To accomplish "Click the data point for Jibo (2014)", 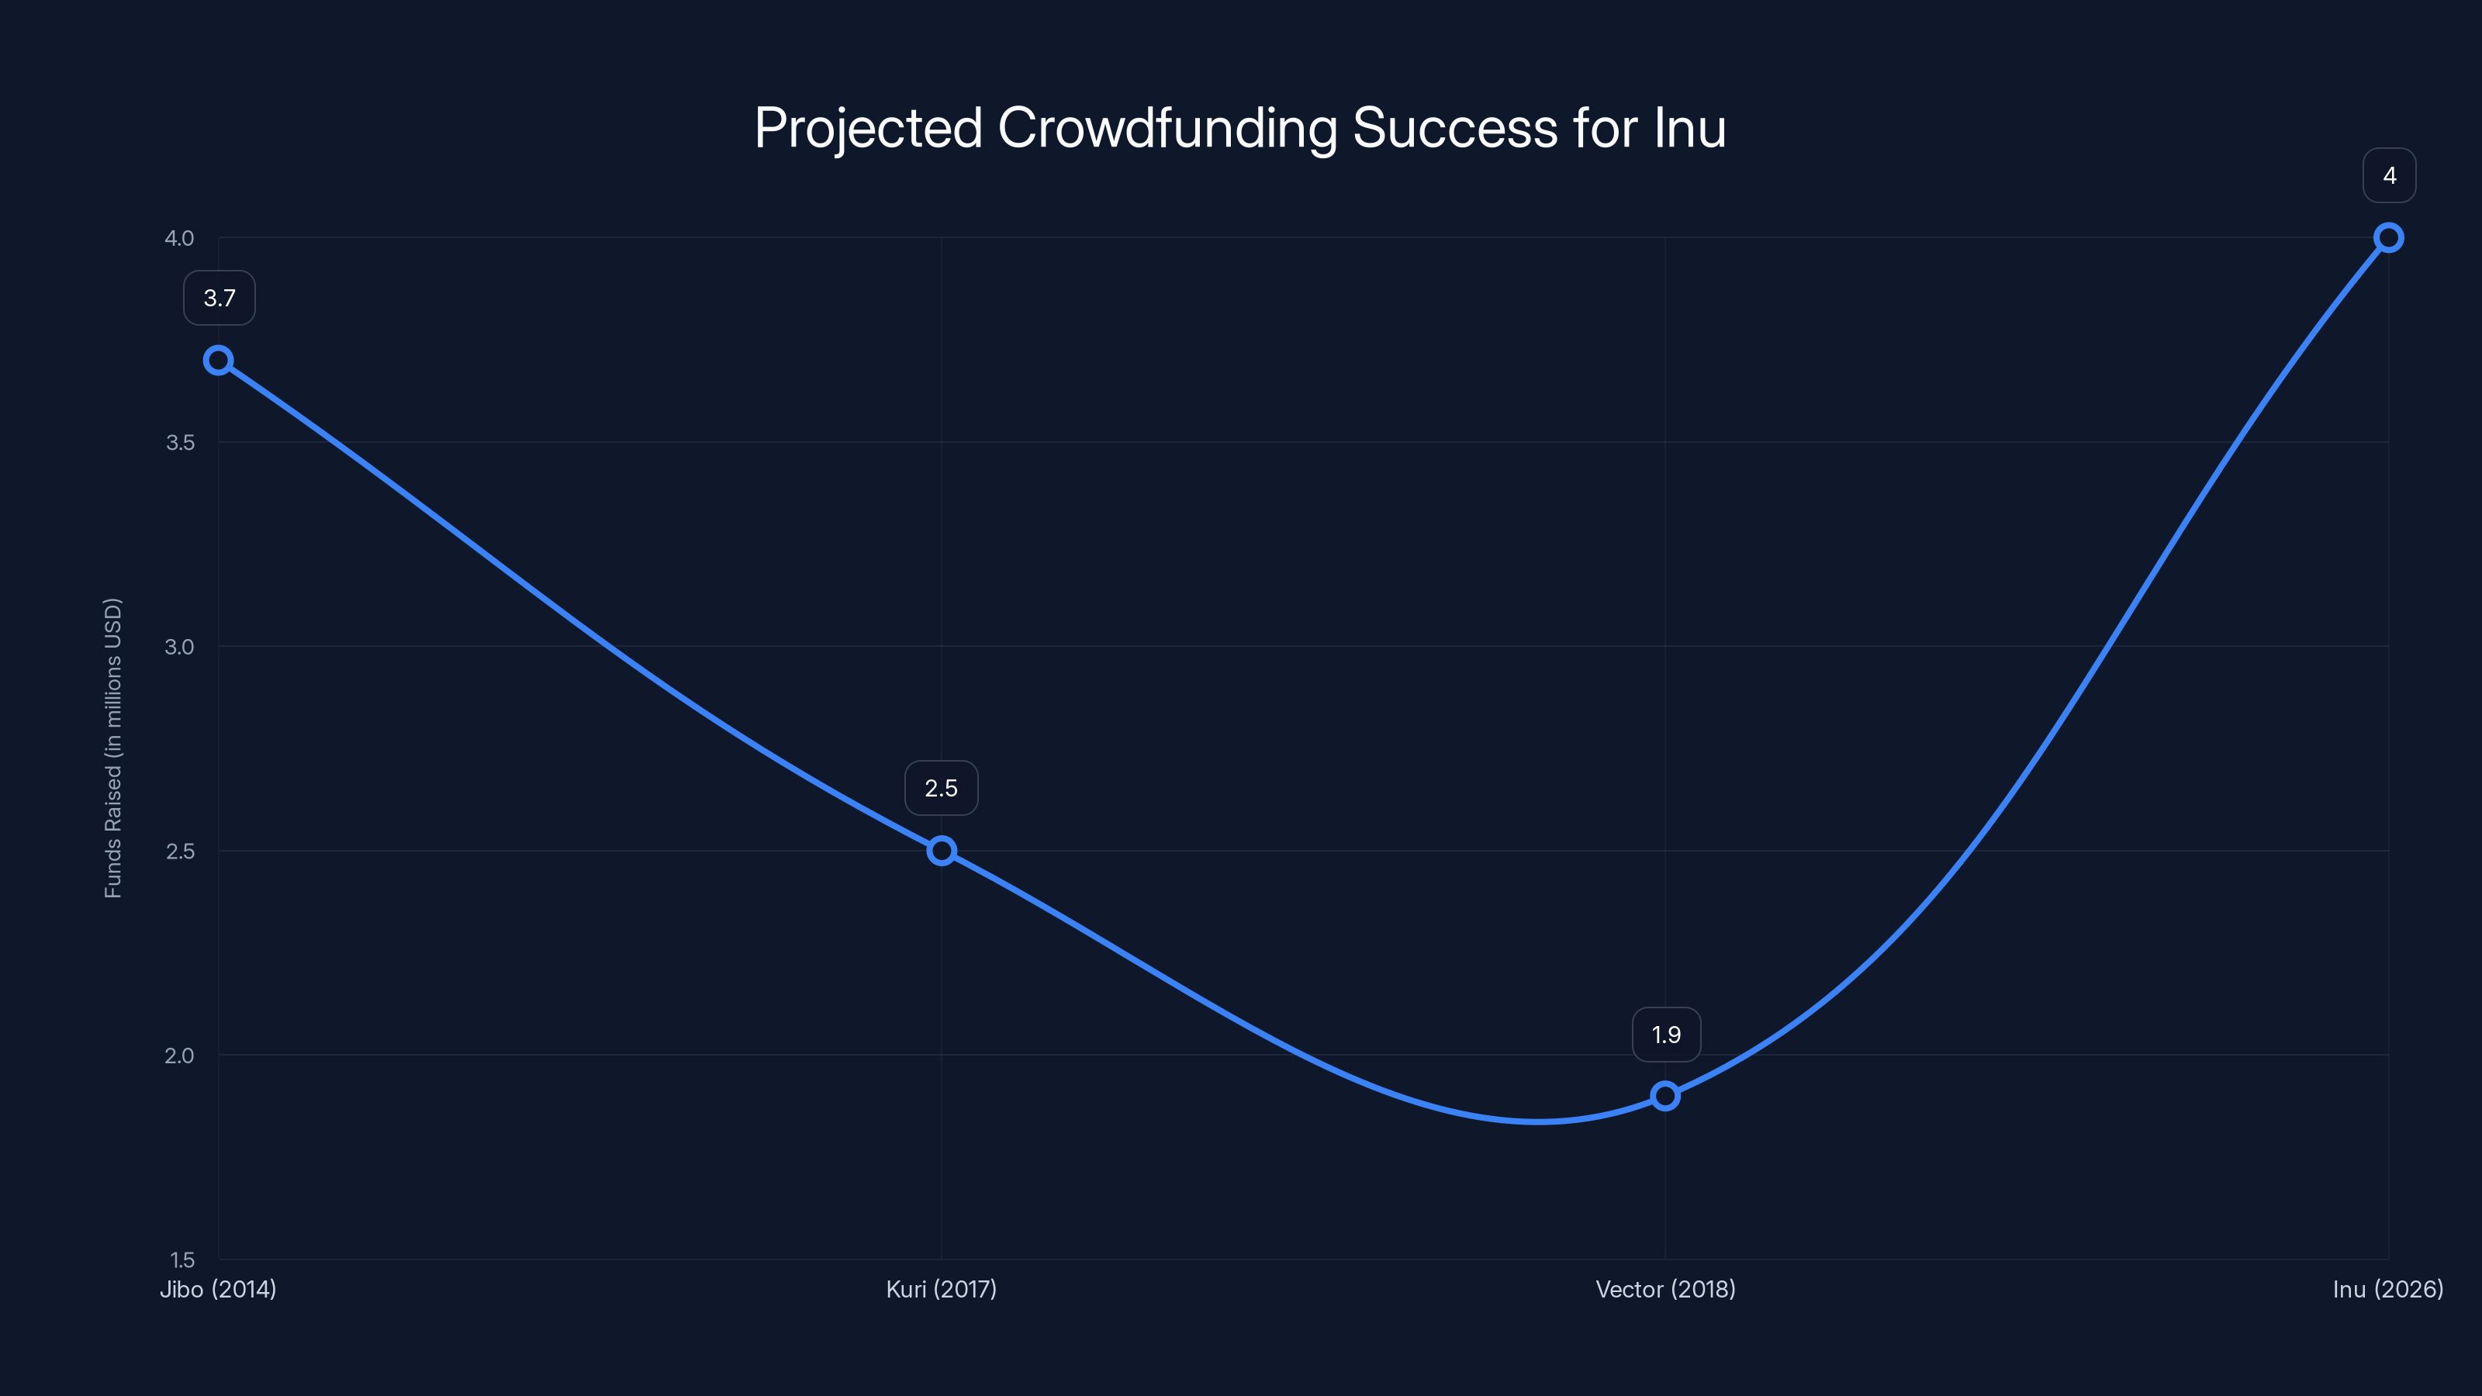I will tap(219, 361).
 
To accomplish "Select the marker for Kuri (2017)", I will tap(942, 851).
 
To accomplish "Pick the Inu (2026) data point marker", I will tap(2389, 238).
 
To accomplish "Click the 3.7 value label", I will tap(220, 299).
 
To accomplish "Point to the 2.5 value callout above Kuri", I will tap(942, 788).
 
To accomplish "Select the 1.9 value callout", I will tap(1666, 1035).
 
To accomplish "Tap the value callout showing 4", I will tap(2390, 175).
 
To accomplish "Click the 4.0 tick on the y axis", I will tap(179, 238).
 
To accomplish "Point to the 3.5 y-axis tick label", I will tap(179, 442).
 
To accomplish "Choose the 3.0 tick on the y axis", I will tap(179, 647).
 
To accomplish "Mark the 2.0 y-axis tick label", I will tap(179, 1055).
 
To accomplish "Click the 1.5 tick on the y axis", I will tap(181, 1260).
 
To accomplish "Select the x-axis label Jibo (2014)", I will tap(218, 1289).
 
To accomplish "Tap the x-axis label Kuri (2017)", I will tap(942, 1289).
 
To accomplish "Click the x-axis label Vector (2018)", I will tap(1665, 1289).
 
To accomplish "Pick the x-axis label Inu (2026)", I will tap(2387, 1289).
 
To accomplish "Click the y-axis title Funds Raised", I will tap(112, 748).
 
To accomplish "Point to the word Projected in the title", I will tap(868, 128).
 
